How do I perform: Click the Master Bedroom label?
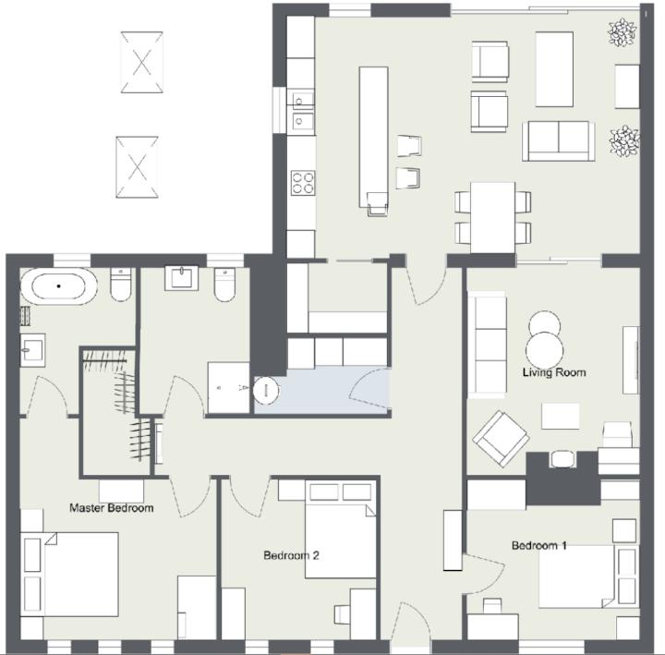point(112,508)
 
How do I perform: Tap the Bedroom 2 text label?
point(291,555)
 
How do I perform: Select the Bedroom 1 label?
point(539,546)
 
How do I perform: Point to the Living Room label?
point(554,372)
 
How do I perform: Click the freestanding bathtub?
point(59,286)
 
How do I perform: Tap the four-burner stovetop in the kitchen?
point(303,183)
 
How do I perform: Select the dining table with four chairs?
point(493,218)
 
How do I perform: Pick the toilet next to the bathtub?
point(121,285)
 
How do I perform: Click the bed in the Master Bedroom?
point(69,575)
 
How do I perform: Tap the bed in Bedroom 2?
point(341,529)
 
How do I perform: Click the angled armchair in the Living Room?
point(501,438)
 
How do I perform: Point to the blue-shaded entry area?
point(322,390)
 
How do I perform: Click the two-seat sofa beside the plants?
point(558,140)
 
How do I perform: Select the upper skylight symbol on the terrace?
point(141,63)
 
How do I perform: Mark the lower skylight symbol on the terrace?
point(137,167)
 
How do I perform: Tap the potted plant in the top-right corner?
point(623,32)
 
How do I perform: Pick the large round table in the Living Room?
point(545,351)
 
